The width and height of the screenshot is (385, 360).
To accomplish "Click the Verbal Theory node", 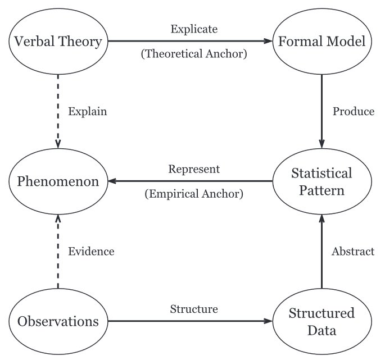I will pos(58,41).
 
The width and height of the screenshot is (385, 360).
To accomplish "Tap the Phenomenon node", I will pos(57,181).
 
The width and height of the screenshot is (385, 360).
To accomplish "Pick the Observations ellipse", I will pos(57,322).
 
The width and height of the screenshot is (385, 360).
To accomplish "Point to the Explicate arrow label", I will pos(191,28).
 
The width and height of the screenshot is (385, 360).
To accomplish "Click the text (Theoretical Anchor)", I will pos(191,55).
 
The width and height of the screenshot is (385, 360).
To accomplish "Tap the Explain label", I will pos(87,111).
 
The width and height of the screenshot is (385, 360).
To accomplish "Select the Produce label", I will pos(353,111).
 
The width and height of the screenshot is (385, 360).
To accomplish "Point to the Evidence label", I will pos(90,252).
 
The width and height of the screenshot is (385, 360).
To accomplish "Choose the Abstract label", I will pos(353,252).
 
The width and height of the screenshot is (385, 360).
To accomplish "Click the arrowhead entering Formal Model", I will pos(269,41).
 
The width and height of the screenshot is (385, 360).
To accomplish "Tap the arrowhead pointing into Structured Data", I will pos(269,322).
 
